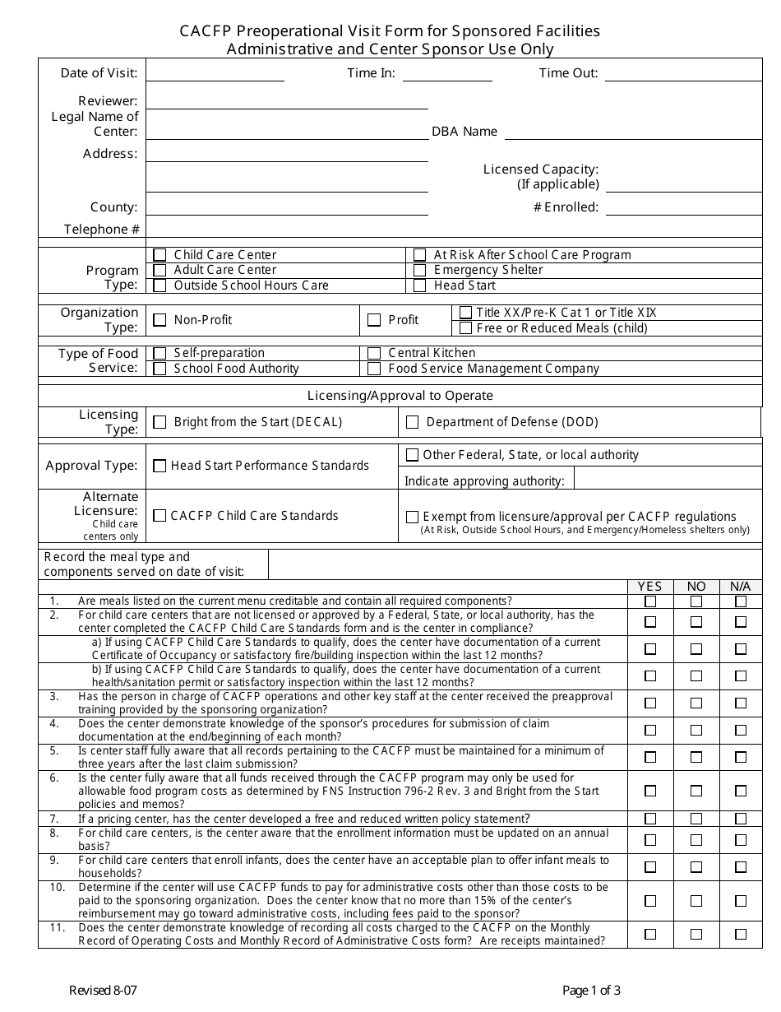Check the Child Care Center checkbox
click(159, 255)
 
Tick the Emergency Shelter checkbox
click(419, 270)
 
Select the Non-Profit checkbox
click(159, 320)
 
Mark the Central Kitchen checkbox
click(374, 353)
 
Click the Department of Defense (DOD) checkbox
click(412, 422)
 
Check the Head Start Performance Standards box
click(159, 466)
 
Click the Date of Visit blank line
click(215, 73)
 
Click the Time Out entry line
click(683, 73)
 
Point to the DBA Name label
click(464, 132)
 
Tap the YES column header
click(649, 587)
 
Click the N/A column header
click(740, 587)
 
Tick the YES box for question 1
click(650, 601)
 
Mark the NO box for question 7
click(696, 819)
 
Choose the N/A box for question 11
click(741, 934)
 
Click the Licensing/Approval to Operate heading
click(400, 396)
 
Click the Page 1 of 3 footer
click(591, 991)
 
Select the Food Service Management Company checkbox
click(374, 369)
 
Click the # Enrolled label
click(566, 207)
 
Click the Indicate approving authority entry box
click(667, 479)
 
